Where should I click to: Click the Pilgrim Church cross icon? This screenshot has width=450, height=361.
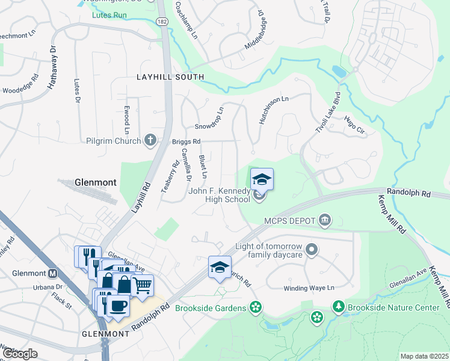pos(150,141)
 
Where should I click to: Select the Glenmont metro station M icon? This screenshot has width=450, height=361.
pos(52,273)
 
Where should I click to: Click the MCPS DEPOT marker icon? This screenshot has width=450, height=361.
pos(325,220)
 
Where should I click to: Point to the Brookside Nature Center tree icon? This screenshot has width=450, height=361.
pos(339,307)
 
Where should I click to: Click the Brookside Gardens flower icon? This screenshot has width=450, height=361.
pos(256,308)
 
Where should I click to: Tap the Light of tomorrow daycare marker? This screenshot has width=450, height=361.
pos(311,248)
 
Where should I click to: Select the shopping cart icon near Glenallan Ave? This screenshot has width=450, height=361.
pos(142,285)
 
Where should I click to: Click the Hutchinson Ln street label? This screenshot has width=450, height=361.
pos(274,110)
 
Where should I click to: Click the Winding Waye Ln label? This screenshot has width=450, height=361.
pos(309,288)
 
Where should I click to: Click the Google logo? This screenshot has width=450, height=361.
pos(20,354)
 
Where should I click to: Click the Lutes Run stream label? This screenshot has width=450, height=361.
pos(109,14)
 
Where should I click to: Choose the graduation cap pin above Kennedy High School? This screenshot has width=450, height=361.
pos(262,179)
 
